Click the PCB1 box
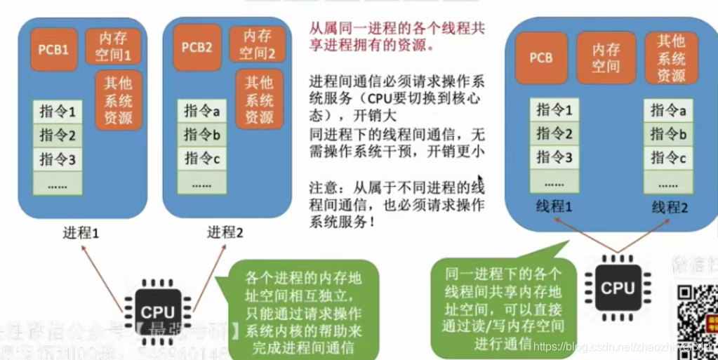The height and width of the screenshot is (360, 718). pos(54,50)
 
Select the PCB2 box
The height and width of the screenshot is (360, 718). pos(197,47)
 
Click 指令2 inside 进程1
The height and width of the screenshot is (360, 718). pos(57,135)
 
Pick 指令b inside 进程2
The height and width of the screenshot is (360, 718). pos(202,134)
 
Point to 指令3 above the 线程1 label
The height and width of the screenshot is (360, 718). pos(554,158)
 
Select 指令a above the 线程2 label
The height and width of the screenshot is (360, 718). pos(667,109)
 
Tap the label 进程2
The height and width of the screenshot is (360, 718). pos(225,232)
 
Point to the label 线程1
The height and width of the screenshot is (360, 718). pos(553,206)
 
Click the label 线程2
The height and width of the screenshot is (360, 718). pos(670,206)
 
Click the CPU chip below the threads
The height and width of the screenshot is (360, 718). pos(618,287)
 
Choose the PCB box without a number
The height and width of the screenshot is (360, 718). pos(540,58)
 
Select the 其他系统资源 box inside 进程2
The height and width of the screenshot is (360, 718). pos(259,100)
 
